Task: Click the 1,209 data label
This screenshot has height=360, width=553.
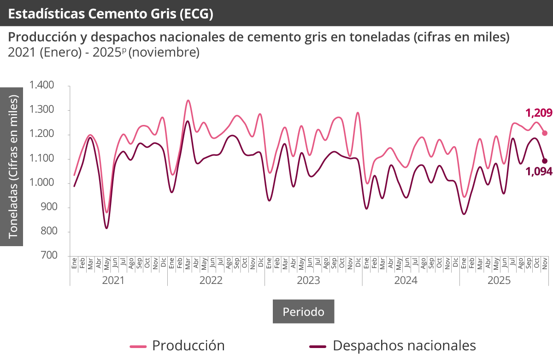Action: click(x=539, y=112)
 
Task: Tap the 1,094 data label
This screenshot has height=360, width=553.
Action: click(x=539, y=185)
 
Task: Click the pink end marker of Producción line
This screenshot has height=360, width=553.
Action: click(x=545, y=133)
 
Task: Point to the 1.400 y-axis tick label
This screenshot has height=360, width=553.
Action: click(x=42, y=85)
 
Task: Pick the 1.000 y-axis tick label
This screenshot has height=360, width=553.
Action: click(x=42, y=183)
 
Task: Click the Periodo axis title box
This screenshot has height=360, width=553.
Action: click(x=303, y=312)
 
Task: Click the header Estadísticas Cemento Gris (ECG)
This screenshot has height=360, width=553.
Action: click(x=111, y=14)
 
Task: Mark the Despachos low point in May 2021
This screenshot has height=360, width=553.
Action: click(x=106, y=228)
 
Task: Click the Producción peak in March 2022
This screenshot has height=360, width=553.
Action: click(x=188, y=100)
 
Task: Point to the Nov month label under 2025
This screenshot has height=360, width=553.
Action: click(x=545, y=264)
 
